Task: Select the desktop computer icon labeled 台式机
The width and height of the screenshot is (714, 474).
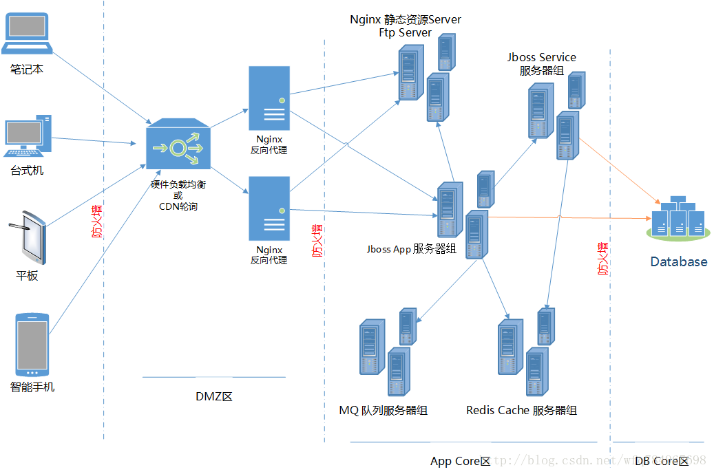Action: point(28,138)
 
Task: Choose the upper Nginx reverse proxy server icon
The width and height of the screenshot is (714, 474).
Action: point(269,98)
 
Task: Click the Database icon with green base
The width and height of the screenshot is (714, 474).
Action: point(678,218)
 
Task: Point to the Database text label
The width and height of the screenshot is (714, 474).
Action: point(679,261)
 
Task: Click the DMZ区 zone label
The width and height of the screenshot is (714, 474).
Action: point(214,397)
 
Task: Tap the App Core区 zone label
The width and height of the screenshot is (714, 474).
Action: point(460,461)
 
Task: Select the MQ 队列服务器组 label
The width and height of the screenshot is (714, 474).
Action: point(383,411)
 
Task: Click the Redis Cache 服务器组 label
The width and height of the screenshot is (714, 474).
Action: point(521,411)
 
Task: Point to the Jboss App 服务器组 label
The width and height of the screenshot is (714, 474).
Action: point(411,249)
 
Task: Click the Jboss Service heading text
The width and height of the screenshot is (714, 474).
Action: point(542,57)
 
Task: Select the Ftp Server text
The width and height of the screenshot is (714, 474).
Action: point(405,32)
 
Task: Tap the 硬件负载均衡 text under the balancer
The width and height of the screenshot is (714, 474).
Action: point(178,184)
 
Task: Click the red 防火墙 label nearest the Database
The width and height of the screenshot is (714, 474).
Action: point(603,259)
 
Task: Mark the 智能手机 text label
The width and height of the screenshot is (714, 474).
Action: point(32,387)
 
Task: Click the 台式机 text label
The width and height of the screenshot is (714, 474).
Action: point(27,170)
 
